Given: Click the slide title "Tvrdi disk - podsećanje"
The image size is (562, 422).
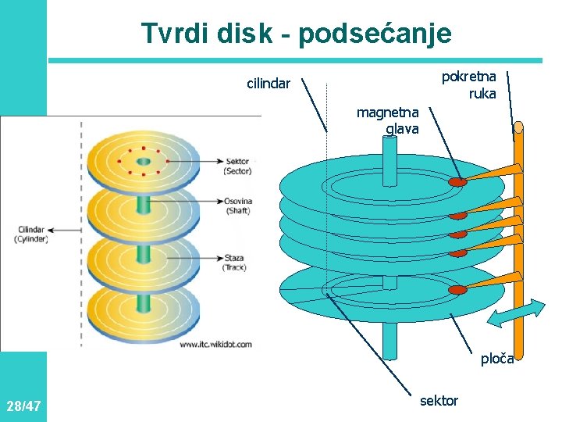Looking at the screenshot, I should (x=296, y=34).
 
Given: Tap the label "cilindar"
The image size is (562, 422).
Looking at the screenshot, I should (x=269, y=82).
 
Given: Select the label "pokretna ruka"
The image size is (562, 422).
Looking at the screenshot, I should (x=469, y=85).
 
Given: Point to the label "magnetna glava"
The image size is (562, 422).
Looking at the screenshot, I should (x=388, y=120).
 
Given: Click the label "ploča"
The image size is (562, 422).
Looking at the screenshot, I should (x=497, y=359).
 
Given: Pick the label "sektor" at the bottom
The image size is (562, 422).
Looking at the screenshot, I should (x=439, y=400).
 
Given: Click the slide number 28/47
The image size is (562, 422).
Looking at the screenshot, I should (x=23, y=406).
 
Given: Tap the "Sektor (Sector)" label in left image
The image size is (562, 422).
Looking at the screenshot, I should (x=237, y=166).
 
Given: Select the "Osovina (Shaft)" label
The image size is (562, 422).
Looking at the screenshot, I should (x=237, y=205).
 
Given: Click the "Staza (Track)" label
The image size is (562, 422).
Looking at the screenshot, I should (x=235, y=262).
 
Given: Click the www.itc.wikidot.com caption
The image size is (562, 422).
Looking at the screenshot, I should (x=216, y=344).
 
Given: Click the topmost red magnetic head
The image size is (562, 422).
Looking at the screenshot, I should (x=457, y=181).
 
